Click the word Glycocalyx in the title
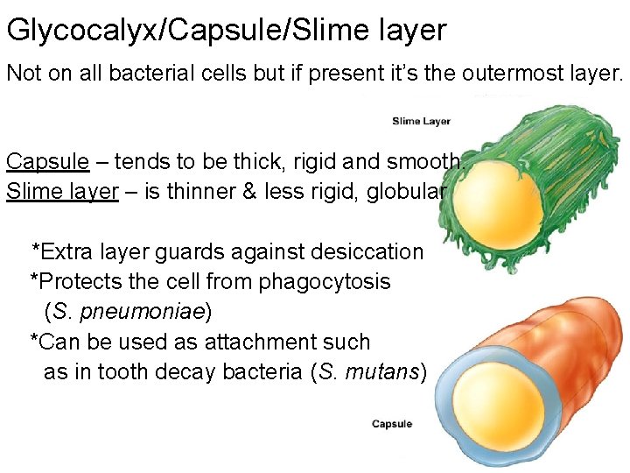[81, 32]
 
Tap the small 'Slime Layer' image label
[421, 122]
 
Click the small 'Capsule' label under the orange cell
[392, 424]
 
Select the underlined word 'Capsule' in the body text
[47, 162]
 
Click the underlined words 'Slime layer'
[62, 192]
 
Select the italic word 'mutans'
[381, 371]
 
